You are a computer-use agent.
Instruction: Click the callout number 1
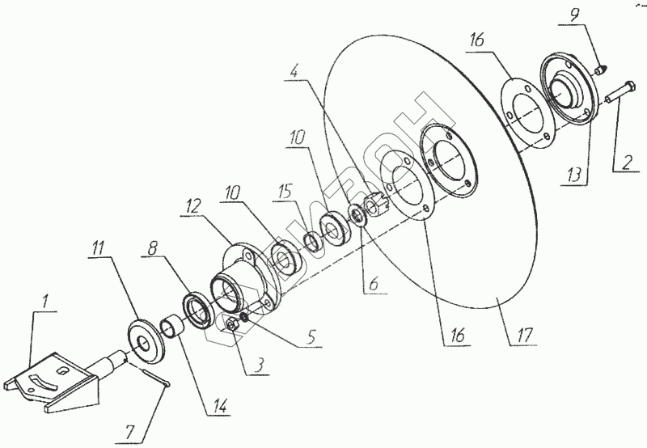tap(46, 302)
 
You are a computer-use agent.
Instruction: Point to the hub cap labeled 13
tap(573, 87)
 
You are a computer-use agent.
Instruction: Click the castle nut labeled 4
tap(376, 201)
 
